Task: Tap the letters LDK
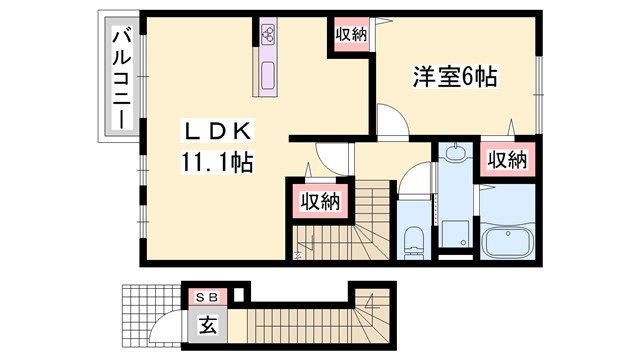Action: (218, 131)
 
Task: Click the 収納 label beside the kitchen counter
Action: (350, 34)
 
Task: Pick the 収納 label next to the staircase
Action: (320, 200)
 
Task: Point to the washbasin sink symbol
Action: (456, 155)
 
